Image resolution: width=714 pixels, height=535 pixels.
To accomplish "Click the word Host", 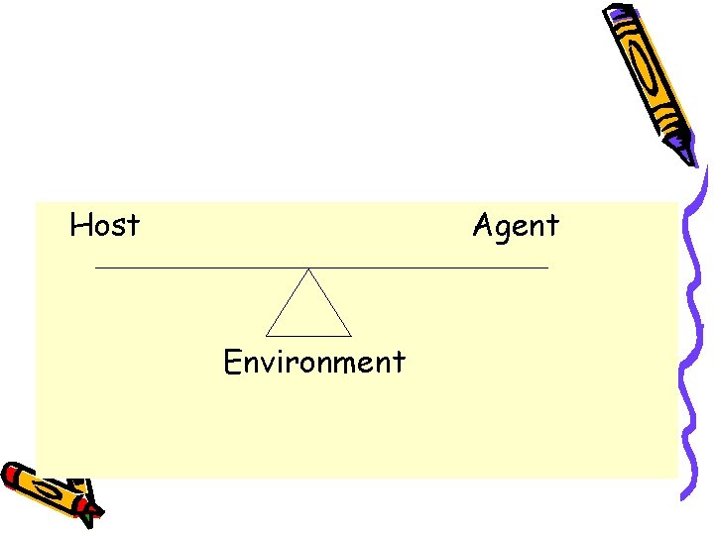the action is click(104, 226).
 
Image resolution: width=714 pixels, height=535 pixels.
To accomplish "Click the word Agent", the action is click(515, 227).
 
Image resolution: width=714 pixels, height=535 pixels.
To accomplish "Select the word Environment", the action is click(313, 362).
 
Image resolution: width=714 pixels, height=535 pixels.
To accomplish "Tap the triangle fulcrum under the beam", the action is click(308, 312).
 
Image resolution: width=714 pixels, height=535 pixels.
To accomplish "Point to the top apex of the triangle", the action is click(308, 269).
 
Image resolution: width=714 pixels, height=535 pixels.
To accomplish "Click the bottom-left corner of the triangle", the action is click(267, 336).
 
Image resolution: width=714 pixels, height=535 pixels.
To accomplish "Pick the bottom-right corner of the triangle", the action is click(351, 336).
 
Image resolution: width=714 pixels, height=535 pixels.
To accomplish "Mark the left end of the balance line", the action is click(95, 268).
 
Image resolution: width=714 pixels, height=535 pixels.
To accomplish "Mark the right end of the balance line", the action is click(547, 268).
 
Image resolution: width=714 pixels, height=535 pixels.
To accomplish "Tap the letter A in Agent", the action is click(483, 225).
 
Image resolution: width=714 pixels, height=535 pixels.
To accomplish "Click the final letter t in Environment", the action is click(399, 363).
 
